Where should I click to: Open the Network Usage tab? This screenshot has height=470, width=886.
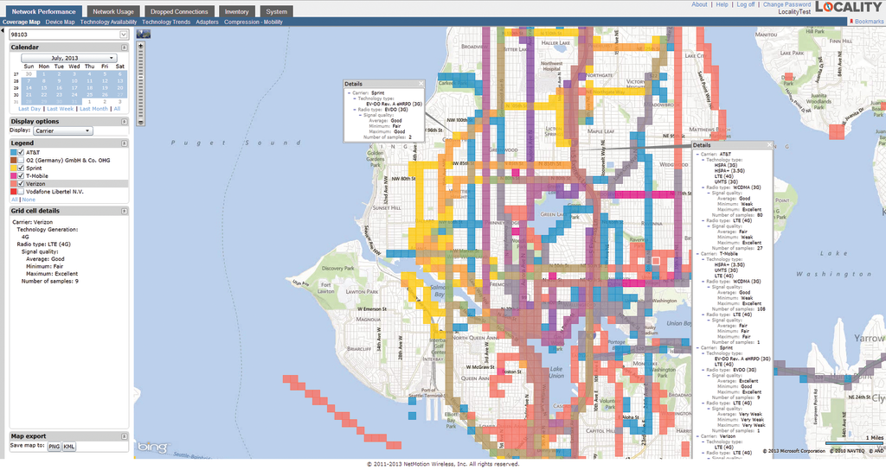(114, 11)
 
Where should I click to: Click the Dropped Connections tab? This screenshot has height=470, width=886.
(179, 11)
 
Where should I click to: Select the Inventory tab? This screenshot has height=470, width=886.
(235, 11)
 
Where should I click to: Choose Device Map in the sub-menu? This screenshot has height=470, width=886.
(60, 22)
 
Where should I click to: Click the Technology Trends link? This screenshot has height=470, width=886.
(166, 22)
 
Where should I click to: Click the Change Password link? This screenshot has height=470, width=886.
(786, 4)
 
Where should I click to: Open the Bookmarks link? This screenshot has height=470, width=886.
(868, 21)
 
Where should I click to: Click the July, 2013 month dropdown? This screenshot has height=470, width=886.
(69, 58)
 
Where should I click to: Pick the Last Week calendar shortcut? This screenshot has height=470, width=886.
(61, 109)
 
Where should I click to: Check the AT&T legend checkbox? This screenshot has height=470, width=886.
(21, 152)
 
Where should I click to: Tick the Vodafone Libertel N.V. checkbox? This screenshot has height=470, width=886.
(21, 191)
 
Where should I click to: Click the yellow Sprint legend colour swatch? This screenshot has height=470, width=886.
(14, 168)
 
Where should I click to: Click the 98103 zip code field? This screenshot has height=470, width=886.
(65, 35)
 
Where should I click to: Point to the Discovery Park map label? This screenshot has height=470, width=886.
(338, 267)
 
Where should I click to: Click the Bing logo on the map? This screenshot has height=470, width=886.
(151, 448)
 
